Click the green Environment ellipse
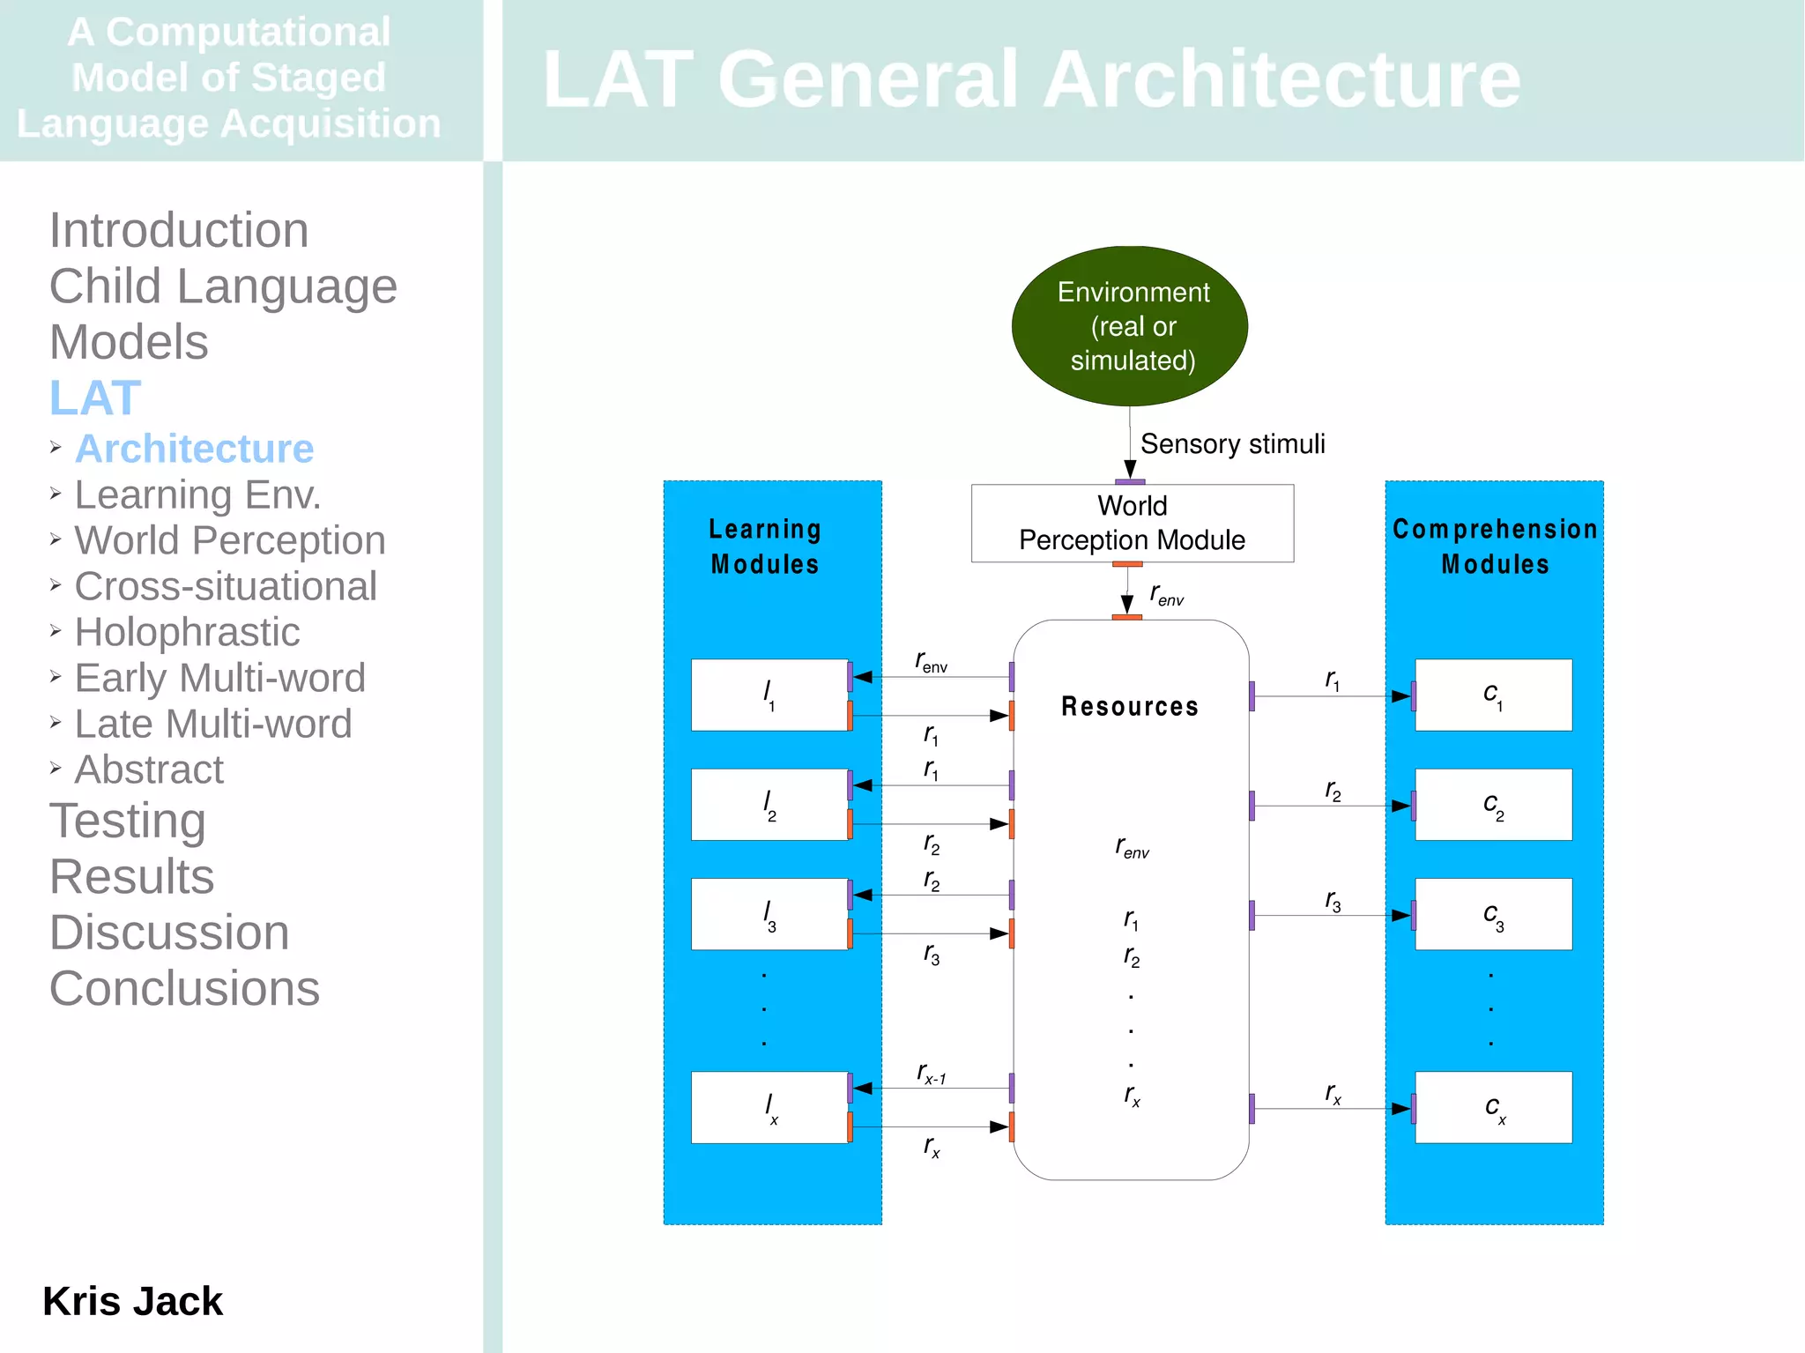pos(1130,326)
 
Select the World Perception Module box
pos(1132,523)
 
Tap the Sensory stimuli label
pos(1231,443)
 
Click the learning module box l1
pos(769,695)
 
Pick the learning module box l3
pos(769,914)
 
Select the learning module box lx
pos(769,1107)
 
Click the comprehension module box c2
pos(1493,804)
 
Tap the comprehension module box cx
pos(1493,1107)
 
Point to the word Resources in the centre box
pos(1129,706)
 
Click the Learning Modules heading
pos(765,546)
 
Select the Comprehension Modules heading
pos(1495,546)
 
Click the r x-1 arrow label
pos(931,1074)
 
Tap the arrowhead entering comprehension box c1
pos(1401,696)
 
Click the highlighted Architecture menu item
pos(194,449)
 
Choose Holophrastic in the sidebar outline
pos(187,632)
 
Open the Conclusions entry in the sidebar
pos(184,988)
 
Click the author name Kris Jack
pos(132,1301)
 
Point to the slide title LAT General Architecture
pos(1031,79)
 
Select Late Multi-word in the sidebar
pos(212,724)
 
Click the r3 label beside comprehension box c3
pos(1333,901)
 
